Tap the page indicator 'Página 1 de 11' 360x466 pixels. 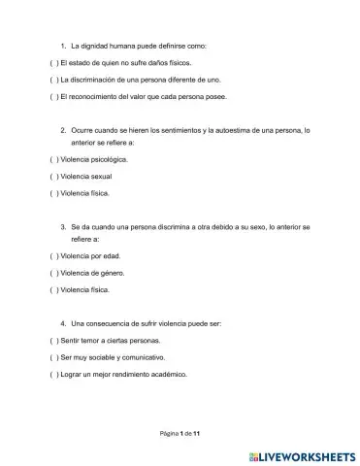180,432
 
